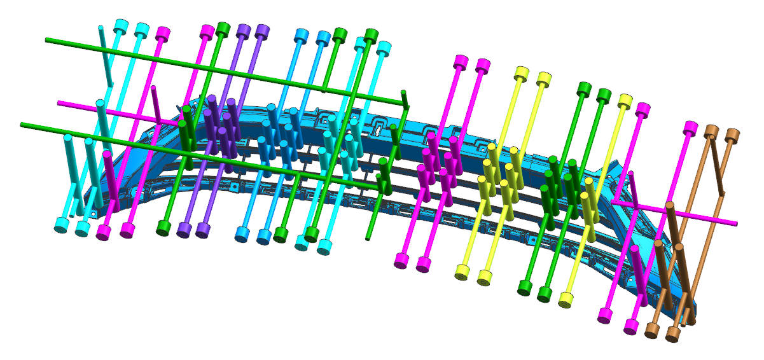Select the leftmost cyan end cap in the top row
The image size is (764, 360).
coord(120,27)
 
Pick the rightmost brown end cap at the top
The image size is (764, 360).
coord(732,134)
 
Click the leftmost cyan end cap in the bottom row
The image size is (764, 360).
coord(62,225)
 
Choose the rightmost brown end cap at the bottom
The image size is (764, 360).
coord(672,334)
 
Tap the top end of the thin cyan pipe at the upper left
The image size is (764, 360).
coord(101,27)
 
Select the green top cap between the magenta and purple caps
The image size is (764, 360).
coord(223,29)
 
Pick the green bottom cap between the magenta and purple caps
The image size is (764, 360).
coord(164,227)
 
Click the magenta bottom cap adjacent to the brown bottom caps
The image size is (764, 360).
coord(632,326)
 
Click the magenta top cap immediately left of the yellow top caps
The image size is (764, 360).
coord(483,65)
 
